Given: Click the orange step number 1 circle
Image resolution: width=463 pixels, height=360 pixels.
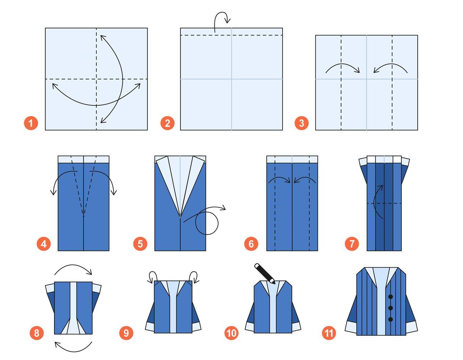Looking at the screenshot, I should click(31, 123).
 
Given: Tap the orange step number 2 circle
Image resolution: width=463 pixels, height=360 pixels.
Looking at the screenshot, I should click(167, 123).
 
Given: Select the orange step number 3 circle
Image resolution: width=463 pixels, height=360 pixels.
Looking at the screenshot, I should click(301, 123).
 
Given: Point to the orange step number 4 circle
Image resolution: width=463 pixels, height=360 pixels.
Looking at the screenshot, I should click(44, 244).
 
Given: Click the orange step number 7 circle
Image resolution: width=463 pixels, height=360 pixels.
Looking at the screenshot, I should click(352, 244).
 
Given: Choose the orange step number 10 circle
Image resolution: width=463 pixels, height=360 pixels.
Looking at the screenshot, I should click(232, 333).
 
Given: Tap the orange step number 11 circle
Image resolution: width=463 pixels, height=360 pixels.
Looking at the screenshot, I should click(329, 333).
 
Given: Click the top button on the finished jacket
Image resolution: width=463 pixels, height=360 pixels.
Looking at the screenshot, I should click(391, 296).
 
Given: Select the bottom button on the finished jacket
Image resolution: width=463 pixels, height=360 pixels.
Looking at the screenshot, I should click(391, 319).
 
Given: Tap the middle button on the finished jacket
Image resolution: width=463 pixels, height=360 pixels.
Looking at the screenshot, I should click(391, 308).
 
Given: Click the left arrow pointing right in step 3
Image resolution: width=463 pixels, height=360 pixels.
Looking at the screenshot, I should click(342, 68).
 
